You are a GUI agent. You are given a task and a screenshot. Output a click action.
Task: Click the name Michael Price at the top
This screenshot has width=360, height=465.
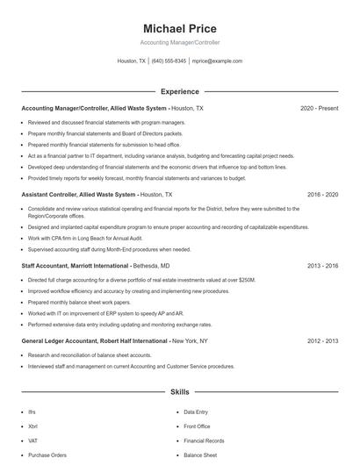[179, 29]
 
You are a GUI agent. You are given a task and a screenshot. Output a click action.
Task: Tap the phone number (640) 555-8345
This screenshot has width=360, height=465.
[169, 61]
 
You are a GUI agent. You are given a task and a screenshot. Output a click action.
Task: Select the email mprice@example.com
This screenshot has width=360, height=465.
[217, 61]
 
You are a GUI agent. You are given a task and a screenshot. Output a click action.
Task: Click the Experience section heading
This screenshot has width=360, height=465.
[180, 91]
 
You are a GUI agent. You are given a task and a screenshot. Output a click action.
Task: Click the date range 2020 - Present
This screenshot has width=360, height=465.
[319, 108]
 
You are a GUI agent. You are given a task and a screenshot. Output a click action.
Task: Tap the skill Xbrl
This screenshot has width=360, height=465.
[33, 426]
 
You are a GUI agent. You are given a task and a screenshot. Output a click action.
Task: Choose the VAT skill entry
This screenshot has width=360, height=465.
[33, 440]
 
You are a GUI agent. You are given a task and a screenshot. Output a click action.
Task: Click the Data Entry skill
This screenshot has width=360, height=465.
[196, 411]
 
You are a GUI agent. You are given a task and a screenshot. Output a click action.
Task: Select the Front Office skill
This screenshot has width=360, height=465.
[198, 426]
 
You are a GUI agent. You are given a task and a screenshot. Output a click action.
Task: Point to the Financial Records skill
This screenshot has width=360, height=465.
[204, 440]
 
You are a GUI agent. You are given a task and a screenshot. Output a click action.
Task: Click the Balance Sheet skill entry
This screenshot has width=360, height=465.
[199, 455]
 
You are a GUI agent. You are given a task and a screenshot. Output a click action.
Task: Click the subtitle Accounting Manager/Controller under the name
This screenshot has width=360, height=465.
[179, 42]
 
